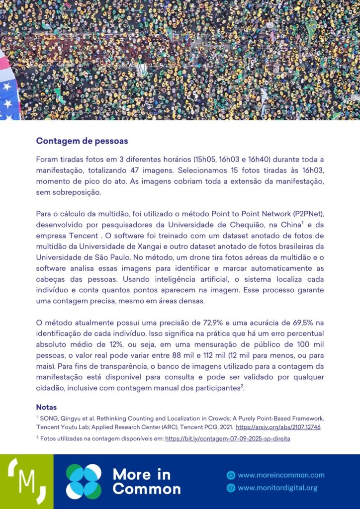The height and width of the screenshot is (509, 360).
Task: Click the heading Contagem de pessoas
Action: [82, 141]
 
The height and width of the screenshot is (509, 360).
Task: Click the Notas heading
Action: [46, 407]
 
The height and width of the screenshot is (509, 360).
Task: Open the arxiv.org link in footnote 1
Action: [278, 427]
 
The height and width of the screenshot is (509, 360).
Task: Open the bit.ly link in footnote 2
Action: [227, 438]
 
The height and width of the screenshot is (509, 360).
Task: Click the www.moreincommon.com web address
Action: [281, 475]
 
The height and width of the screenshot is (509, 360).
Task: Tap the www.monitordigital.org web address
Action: [277, 488]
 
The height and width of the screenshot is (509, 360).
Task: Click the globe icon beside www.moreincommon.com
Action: [231, 475]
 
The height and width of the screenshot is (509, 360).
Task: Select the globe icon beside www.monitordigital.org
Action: [231, 488]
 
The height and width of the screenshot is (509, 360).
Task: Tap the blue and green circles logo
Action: [84, 481]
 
